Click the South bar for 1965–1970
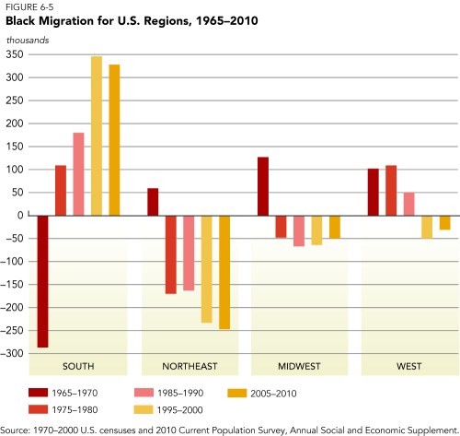coord(42,281)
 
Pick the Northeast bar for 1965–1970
coord(153,202)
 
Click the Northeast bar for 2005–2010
coord(224,272)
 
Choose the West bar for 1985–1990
coord(408,204)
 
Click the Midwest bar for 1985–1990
coord(299,230)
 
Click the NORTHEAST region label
coord(189,366)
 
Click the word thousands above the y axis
coord(28,39)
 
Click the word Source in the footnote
coord(17,429)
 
